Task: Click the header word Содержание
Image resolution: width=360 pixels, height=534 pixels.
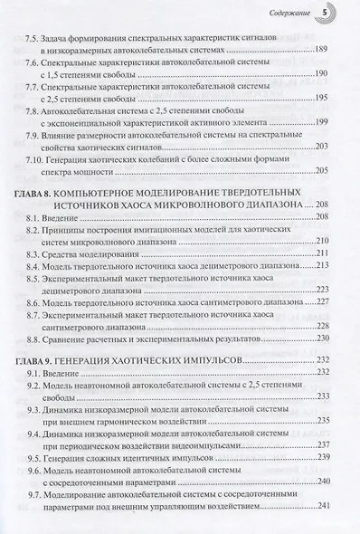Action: tap(300, 14)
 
